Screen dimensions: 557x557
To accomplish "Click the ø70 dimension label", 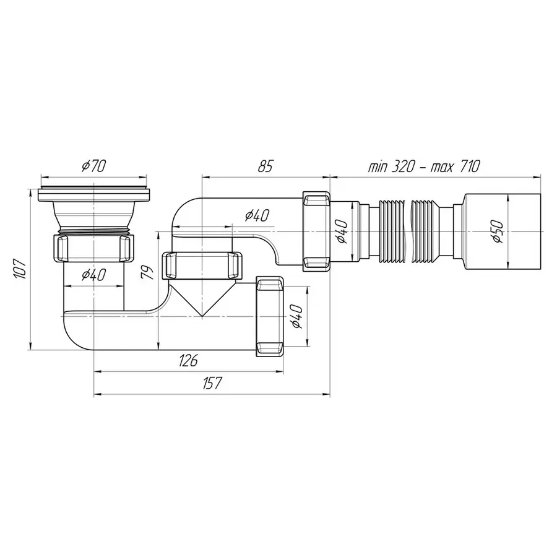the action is click(x=94, y=166).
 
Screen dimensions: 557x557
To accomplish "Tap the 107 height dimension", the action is click(x=21, y=269).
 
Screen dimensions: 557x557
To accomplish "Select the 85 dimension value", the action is click(x=266, y=166).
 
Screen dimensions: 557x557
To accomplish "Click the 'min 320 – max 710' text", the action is click(x=424, y=166).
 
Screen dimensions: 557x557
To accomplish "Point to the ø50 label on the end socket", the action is click(x=498, y=231).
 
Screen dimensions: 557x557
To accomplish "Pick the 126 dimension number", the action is click(x=188, y=361).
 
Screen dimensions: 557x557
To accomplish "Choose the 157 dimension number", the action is click(x=212, y=383).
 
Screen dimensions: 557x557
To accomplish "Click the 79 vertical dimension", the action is click(x=147, y=273).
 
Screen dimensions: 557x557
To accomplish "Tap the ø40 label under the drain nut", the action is click(x=94, y=275).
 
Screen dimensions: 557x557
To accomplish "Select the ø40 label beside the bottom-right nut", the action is click(x=296, y=316).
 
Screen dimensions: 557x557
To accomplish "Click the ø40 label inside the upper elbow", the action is click(x=257, y=215).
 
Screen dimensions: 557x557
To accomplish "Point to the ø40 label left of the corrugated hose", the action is click(x=342, y=231).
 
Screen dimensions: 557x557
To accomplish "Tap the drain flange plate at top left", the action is click(x=94, y=194).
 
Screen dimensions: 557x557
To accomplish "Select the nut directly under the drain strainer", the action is click(x=94, y=248).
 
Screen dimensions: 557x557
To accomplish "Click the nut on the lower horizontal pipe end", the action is click(x=270, y=316).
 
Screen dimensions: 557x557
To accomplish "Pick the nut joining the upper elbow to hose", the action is click(x=316, y=231).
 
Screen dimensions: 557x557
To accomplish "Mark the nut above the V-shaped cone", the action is click(x=202, y=266).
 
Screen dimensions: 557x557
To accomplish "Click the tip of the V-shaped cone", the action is click(x=202, y=316).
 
